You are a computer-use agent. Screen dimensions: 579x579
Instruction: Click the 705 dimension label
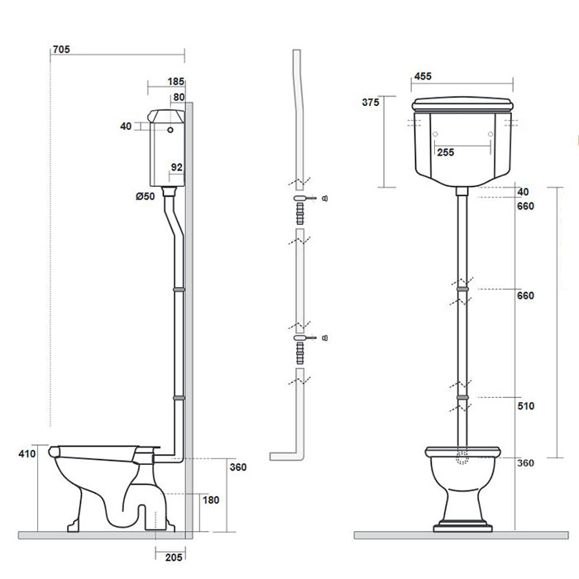60,49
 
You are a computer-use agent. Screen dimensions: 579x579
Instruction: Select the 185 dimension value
175,81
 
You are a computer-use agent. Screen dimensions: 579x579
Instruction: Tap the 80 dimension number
179,97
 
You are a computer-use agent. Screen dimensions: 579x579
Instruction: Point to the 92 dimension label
176,167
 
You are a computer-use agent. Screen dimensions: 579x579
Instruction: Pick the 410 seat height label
26,453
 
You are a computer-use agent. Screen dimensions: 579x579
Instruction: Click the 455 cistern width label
423,76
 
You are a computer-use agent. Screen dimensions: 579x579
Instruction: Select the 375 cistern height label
371,103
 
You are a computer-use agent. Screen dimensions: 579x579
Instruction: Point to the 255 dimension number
445,152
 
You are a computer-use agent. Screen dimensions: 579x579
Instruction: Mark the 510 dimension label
526,406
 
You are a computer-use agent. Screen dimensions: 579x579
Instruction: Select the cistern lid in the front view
462,104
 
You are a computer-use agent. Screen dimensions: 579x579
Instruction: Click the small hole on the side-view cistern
170,130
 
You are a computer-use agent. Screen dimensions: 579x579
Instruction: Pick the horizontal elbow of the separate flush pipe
285,456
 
